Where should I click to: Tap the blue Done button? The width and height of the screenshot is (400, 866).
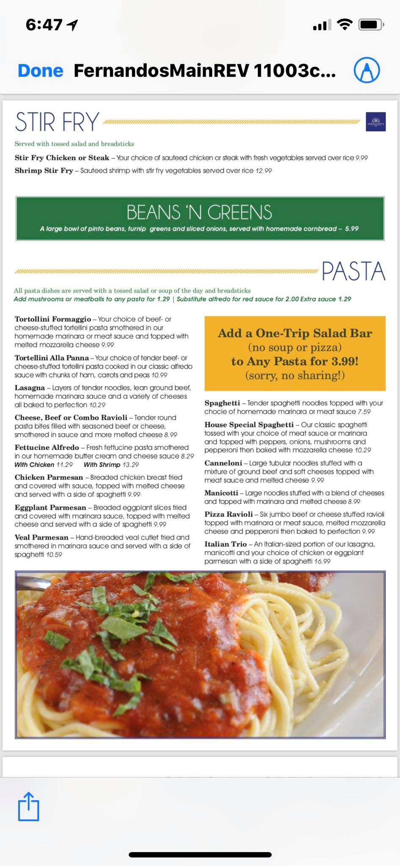tap(41, 71)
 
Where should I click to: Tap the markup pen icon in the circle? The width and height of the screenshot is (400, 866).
tap(367, 70)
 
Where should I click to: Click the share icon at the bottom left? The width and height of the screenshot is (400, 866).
tap(28, 806)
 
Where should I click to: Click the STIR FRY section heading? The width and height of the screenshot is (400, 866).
tap(57, 122)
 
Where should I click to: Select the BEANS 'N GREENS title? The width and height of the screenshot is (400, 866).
tap(199, 212)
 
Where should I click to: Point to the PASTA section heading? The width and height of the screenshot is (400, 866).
tap(353, 271)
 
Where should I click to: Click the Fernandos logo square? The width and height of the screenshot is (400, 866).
tap(375, 122)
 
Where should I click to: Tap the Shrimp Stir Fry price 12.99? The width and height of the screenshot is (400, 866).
tap(263, 171)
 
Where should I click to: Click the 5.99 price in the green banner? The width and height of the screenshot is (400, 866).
tap(352, 229)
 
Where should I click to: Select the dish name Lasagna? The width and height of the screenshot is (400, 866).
tap(30, 388)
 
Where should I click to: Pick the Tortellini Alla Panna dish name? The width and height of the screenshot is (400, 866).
tap(52, 358)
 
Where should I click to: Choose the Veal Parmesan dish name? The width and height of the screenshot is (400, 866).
tap(41, 537)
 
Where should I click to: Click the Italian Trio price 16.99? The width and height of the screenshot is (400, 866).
tap(322, 561)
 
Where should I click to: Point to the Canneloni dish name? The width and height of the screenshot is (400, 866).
tap(223, 463)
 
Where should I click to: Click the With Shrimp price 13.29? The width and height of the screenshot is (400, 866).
tap(130, 465)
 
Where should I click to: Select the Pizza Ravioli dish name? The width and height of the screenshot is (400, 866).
tap(229, 514)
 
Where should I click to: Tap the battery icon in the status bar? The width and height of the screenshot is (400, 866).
tap(370, 25)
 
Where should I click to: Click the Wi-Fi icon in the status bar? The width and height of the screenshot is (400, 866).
tap(345, 25)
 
